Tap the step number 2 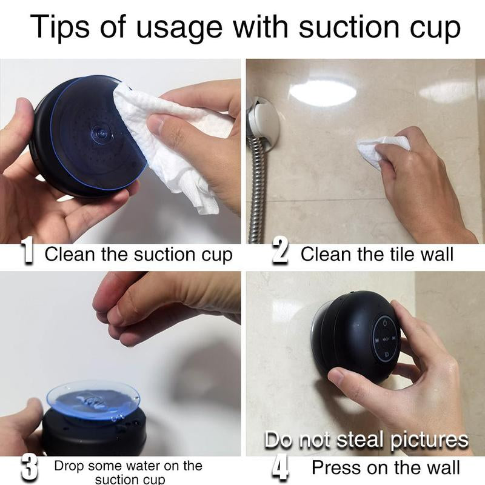(x=279, y=253)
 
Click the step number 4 (x=280, y=468)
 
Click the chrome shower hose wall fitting (x=263, y=121)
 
